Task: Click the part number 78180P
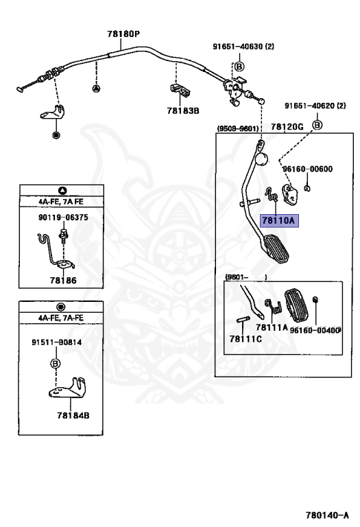point(123,34)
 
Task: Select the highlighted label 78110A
point(278,220)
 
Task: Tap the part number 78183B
point(183,110)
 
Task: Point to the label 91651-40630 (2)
point(243,46)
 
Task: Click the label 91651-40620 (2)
point(315,106)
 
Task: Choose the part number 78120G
point(287,126)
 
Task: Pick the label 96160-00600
point(308,169)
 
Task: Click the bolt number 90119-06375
point(63,217)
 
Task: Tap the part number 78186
point(63,280)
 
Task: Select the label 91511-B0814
point(57,342)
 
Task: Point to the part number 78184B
point(73,415)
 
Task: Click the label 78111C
point(245,339)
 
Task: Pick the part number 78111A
point(272,327)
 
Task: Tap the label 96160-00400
point(315,330)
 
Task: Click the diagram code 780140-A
point(327,515)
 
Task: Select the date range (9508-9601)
point(238,128)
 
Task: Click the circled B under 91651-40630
point(239,66)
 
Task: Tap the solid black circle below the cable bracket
point(56,135)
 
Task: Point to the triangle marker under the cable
point(96,89)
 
